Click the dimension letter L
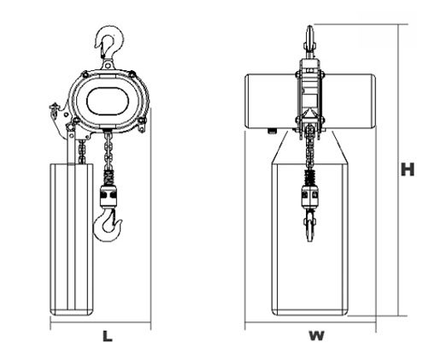pyautogui.click(x=107, y=336)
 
